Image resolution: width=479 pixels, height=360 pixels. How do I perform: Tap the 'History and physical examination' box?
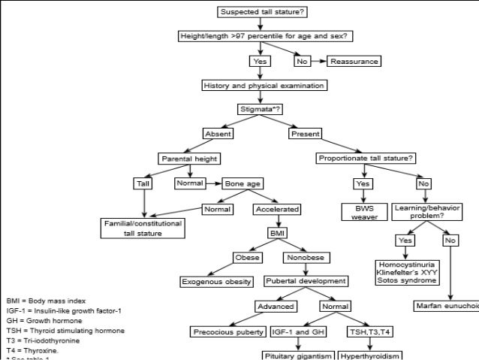[x=264, y=86]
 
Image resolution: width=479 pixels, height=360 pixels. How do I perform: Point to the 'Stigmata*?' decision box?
[x=260, y=110]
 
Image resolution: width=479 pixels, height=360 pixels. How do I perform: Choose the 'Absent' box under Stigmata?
[x=218, y=134]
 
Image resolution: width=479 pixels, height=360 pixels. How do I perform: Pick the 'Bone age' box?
[x=242, y=183]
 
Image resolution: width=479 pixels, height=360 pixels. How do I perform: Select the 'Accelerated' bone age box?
[x=277, y=208]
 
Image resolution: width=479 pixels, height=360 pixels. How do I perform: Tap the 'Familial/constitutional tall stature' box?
[x=143, y=228]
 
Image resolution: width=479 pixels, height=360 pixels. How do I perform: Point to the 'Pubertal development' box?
[x=306, y=281]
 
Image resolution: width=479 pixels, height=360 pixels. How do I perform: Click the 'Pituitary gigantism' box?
[x=297, y=355]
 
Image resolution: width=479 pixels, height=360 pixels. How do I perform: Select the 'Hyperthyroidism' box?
[x=370, y=355]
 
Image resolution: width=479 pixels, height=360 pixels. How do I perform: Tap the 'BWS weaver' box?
[x=365, y=212]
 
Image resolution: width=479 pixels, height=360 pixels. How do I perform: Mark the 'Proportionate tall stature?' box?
[x=366, y=159]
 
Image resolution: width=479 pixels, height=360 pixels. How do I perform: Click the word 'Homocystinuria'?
[x=407, y=265]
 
